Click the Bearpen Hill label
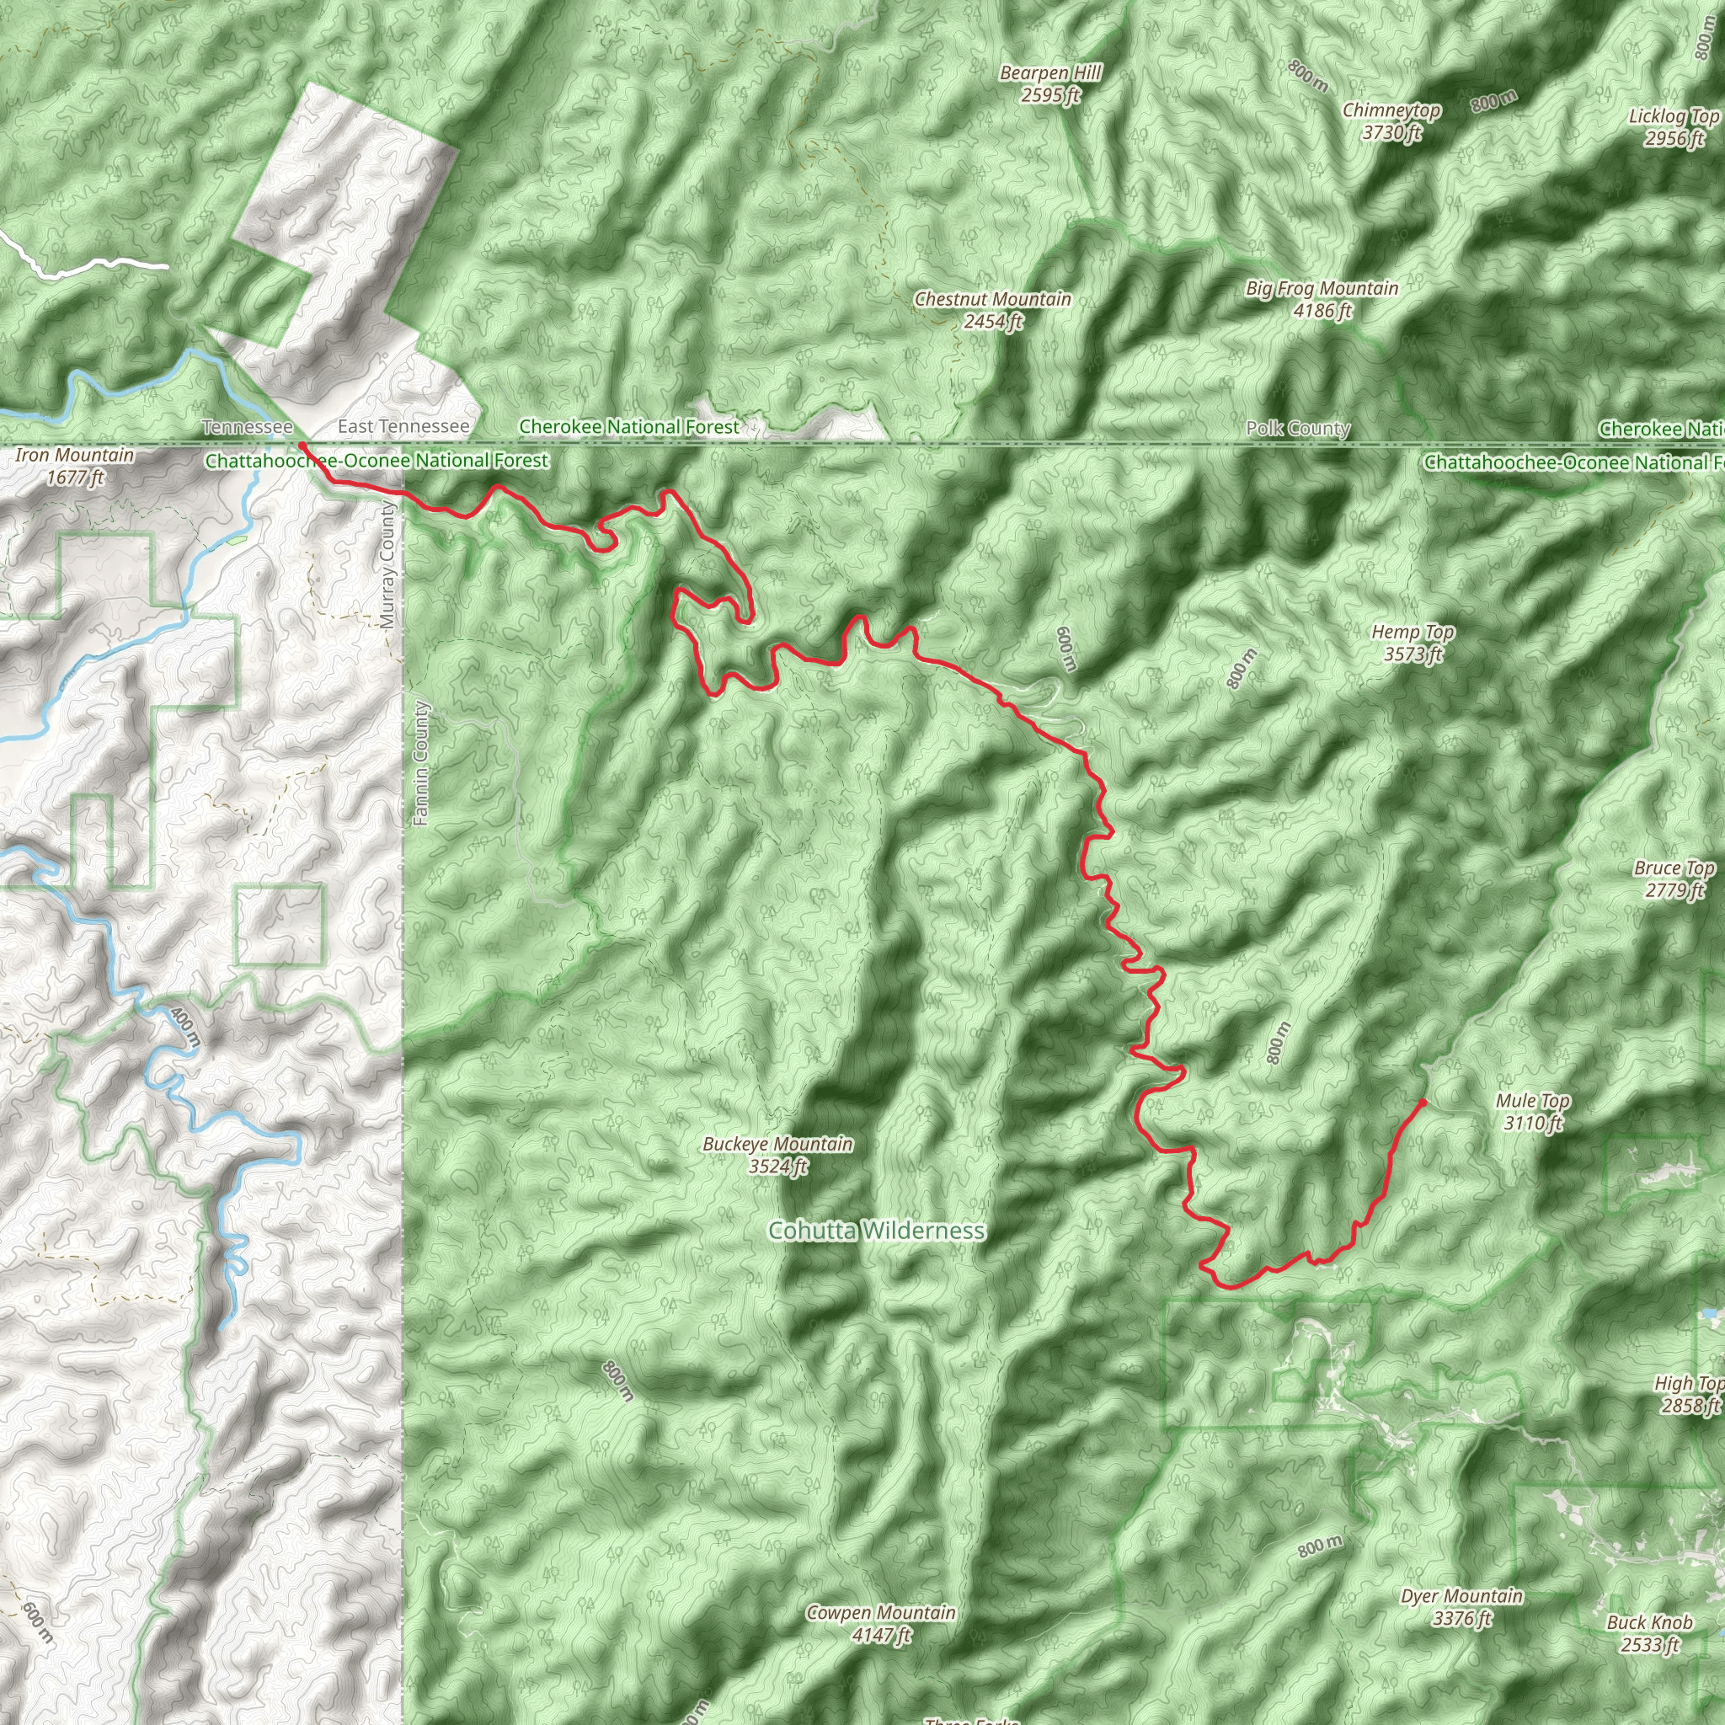pos(1051,84)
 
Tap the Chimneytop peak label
pos(1391,121)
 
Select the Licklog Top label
pos(1674,127)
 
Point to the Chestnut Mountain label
pos(993,310)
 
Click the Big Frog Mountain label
pos(1322,299)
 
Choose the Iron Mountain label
pos(75,466)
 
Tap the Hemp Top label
pos(1413,643)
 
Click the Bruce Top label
pos(1674,879)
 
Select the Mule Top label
pos(1533,1112)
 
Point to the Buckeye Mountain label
pos(777,1155)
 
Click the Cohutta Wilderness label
pos(877,1231)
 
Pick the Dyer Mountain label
pos(1462,1606)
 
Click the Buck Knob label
pos(1650,1633)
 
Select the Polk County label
pos(1298,429)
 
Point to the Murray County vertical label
pos(387,564)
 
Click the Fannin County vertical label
pos(421,763)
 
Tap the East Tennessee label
pos(403,427)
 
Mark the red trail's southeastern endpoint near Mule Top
pos(1423,1102)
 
